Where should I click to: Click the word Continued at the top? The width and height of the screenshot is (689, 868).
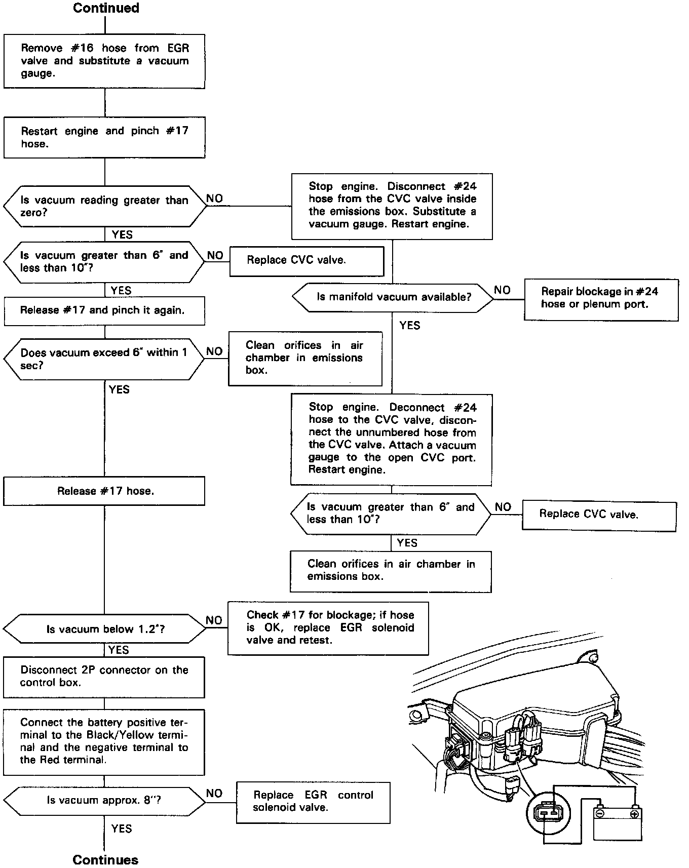(x=106, y=8)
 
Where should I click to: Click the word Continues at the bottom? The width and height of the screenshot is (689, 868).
(x=105, y=859)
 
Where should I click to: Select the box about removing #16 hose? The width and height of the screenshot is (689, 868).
(x=104, y=61)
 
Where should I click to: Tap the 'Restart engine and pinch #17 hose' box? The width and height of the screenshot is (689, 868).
(x=104, y=137)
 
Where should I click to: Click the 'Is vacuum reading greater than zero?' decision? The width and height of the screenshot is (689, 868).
(x=105, y=206)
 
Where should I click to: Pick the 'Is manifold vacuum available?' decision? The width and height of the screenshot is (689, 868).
(x=393, y=297)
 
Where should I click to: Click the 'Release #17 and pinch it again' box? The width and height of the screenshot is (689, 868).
(x=104, y=310)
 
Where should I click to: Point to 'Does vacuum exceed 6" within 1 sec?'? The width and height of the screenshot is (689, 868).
(x=104, y=359)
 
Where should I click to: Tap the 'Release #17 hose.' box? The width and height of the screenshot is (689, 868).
(x=104, y=491)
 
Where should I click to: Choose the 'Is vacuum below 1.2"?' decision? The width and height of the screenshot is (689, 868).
(x=105, y=629)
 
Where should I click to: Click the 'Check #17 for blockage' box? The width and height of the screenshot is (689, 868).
(x=328, y=628)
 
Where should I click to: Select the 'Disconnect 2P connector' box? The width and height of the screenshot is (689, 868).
(x=104, y=677)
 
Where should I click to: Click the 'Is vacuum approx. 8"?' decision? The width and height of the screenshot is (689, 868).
(x=105, y=801)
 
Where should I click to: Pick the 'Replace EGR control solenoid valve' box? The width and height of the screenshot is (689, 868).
(x=313, y=802)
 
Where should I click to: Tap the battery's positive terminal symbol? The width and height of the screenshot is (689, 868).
(x=633, y=814)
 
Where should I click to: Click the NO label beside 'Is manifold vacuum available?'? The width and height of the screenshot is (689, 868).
(x=502, y=290)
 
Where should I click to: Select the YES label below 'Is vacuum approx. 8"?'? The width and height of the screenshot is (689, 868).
(x=122, y=828)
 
